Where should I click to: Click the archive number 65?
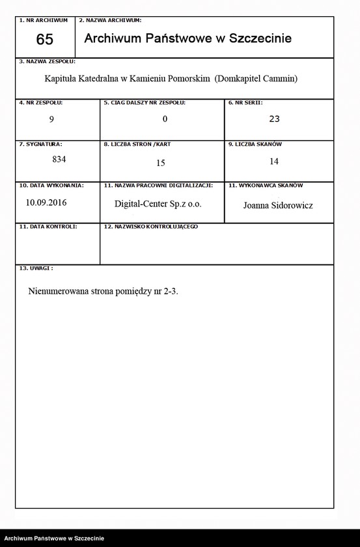pyautogui.click(x=45, y=40)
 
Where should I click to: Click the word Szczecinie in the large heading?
pyautogui.click(x=259, y=38)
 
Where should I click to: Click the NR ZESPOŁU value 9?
pyautogui.click(x=51, y=119)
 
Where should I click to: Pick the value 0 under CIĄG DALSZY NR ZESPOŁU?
pyautogui.click(x=165, y=119)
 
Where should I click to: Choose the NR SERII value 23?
pyautogui.click(x=274, y=119)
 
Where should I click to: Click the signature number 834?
pyautogui.click(x=59, y=158)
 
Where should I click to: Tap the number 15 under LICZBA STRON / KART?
pyautogui.click(x=161, y=163)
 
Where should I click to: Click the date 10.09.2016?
pyautogui.click(x=46, y=202)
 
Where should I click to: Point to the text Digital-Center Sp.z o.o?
pyautogui.click(x=158, y=204)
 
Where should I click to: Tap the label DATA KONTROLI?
pyautogui.click(x=50, y=226)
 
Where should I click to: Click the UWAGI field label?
pyautogui.click(x=38, y=268)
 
